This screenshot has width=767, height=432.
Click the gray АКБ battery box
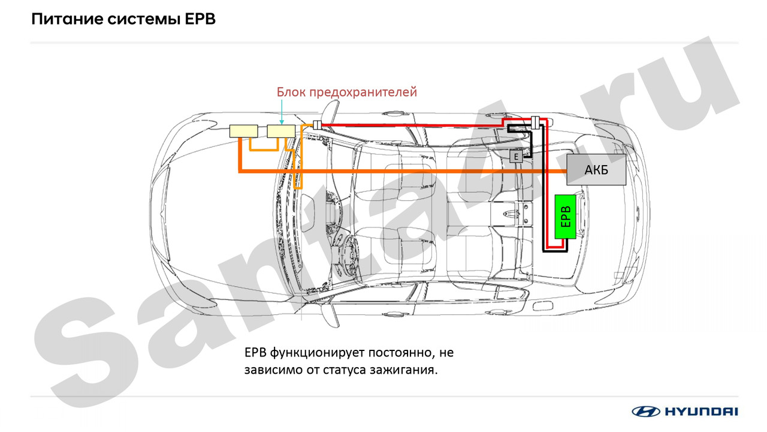(x=596, y=170)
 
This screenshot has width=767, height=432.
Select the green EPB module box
(x=566, y=217)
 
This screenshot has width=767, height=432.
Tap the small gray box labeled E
(x=516, y=157)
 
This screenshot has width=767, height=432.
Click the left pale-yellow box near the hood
(x=243, y=131)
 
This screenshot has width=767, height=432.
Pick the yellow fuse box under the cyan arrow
(x=281, y=131)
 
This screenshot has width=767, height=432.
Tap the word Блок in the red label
(x=291, y=92)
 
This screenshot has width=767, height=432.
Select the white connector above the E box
(x=536, y=122)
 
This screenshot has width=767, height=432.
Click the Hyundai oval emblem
(x=645, y=411)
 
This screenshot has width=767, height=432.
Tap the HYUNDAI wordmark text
(x=701, y=411)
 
